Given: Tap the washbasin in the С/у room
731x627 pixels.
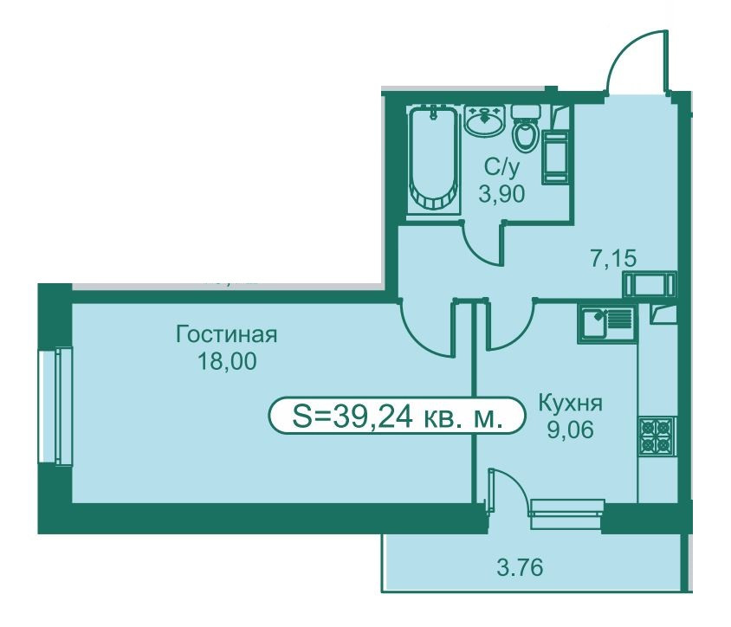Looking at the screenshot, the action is (484, 120).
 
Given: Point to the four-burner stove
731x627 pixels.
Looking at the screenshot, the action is (656, 436).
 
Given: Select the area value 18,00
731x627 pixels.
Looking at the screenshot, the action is (226, 363).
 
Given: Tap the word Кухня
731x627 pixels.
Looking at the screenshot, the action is (570, 404).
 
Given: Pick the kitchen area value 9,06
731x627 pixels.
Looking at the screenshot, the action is (570, 430).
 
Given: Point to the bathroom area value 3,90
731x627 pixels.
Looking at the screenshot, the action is (502, 194).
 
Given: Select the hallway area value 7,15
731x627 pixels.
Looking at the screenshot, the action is (614, 257).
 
